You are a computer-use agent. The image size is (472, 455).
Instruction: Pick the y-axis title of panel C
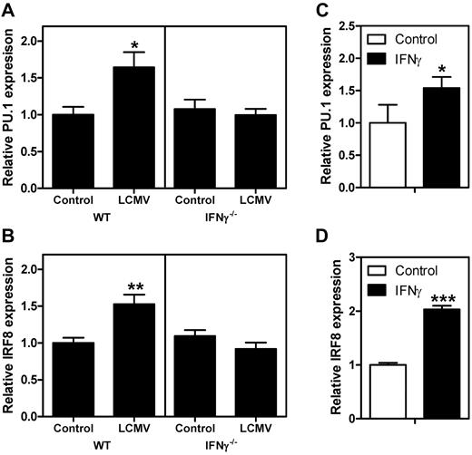coord(333,112)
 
